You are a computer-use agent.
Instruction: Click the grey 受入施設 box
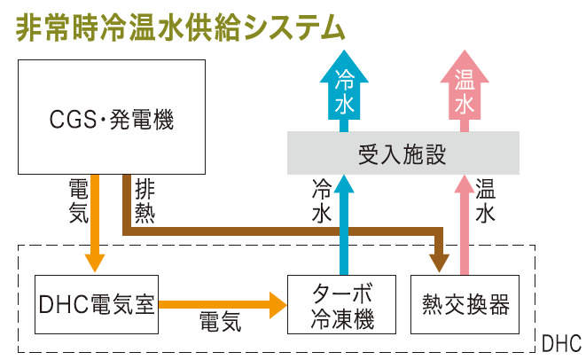tap(402, 153)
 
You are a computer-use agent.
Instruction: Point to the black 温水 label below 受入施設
tap(485, 200)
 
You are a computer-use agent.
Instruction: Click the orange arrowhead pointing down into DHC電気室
tap(97, 261)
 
